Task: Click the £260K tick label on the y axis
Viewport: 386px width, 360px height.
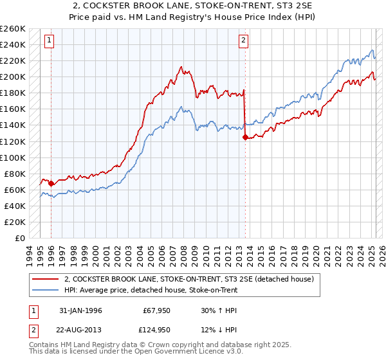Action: (13, 29)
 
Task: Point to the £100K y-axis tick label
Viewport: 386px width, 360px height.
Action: (13, 157)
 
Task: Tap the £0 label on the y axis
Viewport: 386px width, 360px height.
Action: (20, 239)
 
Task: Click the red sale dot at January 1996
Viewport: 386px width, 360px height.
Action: (51, 183)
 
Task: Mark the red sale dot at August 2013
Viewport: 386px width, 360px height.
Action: (244, 137)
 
